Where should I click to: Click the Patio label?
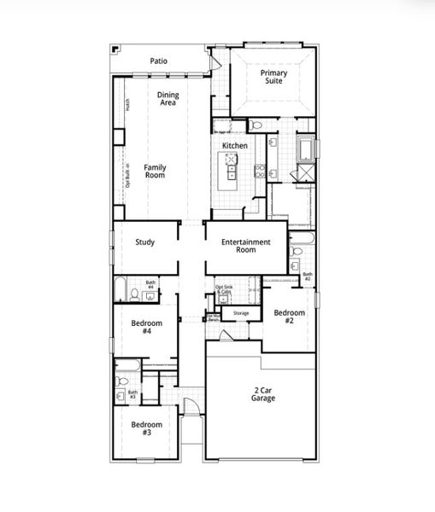tap(158, 61)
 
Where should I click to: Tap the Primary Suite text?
tap(273, 78)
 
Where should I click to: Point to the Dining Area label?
tap(168, 99)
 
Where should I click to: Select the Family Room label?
tap(155, 171)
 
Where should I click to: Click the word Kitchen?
tap(235, 146)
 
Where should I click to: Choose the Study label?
tap(145, 242)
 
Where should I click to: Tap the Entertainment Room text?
tap(245, 247)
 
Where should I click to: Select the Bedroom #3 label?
tap(142, 428)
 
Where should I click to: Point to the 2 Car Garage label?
tap(262, 394)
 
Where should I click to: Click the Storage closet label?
tap(241, 313)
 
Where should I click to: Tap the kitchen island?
tap(230, 177)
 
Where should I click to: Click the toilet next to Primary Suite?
tap(256, 126)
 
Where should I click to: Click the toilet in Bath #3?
tap(121, 383)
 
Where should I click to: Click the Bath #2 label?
tap(307, 276)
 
